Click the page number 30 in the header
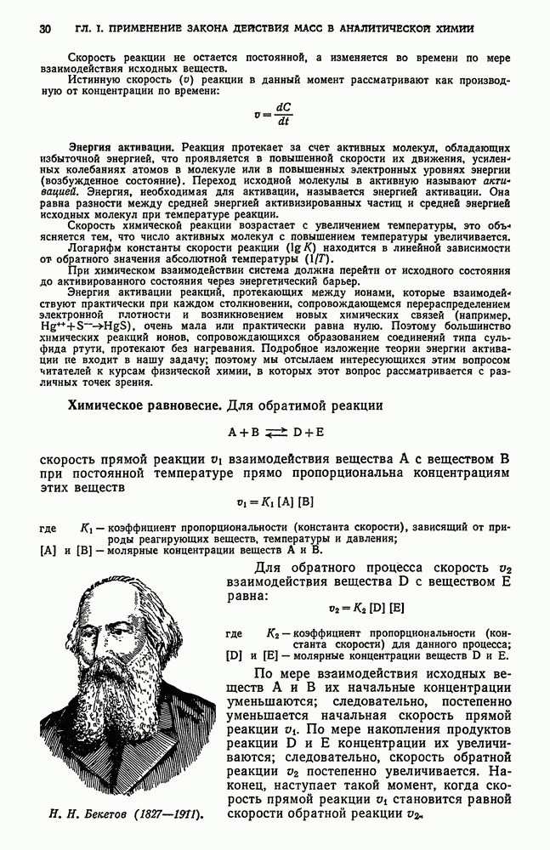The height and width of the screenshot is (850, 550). click(x=45, y=30)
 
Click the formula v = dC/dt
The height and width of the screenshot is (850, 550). click(x=275, y=113)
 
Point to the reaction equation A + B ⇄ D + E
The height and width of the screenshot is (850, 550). click(x=275, y=432)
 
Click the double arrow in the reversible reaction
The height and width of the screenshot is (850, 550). click(x=275, y=433)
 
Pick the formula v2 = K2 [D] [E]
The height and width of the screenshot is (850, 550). click(x=366, y=608)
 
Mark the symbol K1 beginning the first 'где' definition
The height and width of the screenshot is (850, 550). click(x=88, y=528)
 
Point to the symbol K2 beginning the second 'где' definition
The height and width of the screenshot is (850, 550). click(x=274, y=633)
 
